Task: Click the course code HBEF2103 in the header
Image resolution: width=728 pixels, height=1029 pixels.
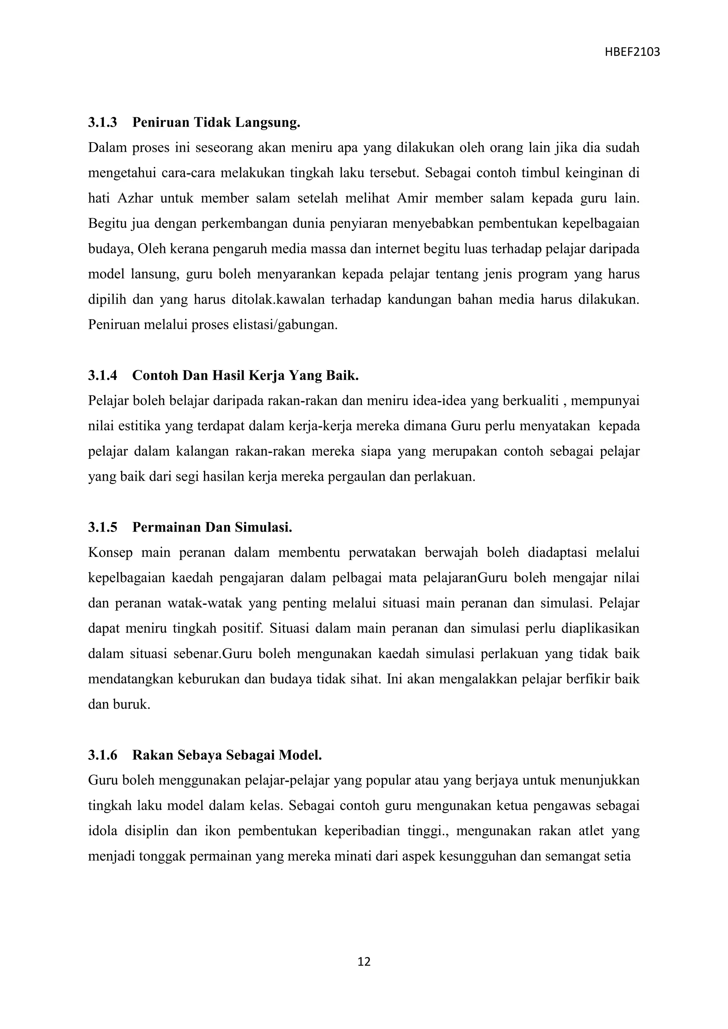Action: (x=632, y=53)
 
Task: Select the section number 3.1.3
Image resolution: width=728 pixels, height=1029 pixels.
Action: (x=102, y=122)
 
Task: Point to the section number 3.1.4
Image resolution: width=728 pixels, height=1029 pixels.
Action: (x=102, y=375)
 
